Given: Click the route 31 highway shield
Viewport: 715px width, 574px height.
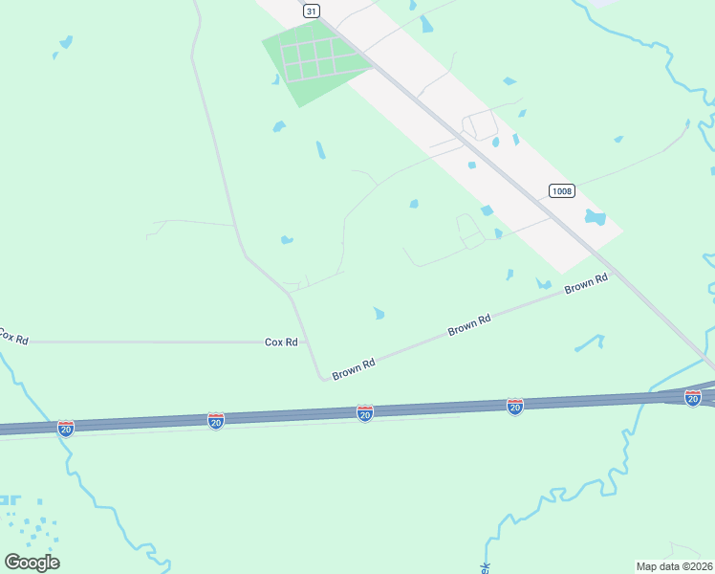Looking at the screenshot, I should coord(311,11).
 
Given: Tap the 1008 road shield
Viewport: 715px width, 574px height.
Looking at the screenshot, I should coord(562,190).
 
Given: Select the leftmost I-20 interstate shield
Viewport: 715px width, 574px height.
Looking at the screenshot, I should coord(65,428).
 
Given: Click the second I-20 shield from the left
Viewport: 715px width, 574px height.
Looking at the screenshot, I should coord(216,421).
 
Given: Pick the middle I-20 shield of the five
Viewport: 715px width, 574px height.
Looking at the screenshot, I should coord(365,413).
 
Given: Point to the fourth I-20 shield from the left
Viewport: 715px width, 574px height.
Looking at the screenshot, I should coord(515,407).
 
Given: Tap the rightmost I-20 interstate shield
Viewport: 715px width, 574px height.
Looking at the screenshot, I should coord(693,398).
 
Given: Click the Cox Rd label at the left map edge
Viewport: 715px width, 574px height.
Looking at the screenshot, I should coord(13,338).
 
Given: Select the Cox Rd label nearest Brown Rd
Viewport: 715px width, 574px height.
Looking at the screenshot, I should coord(281,342).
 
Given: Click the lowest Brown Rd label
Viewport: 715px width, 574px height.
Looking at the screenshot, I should coord(354,368).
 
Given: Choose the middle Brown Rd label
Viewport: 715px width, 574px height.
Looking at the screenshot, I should coord(469,326).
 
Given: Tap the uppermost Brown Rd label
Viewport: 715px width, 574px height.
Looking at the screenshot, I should coord(586,284).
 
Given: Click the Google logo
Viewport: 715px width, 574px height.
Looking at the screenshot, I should coord(32,563).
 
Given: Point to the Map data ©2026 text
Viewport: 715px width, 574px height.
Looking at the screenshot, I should coord(674,565).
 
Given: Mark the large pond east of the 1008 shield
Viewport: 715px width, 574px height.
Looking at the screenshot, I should coord(595,218).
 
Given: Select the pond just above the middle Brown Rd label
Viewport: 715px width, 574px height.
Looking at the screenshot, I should coord(379,313).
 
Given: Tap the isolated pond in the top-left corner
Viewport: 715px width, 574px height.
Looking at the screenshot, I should coord(65,42).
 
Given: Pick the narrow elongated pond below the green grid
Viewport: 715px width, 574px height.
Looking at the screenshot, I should coord(320,150).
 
